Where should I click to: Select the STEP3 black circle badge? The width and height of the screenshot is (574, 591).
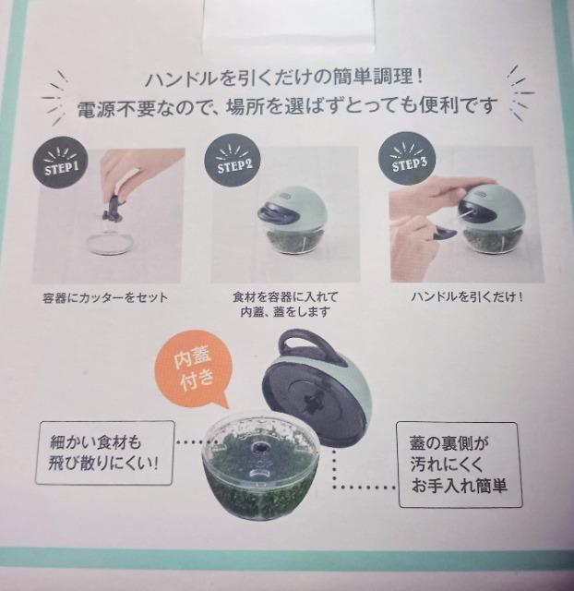point(407,158)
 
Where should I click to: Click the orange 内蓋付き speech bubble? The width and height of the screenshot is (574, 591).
point(192,368)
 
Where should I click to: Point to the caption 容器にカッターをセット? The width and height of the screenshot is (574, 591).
point(105,298)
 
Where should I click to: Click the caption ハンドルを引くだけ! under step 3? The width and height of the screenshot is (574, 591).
point(467,296)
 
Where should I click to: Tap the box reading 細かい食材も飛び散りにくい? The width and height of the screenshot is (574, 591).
point(104,452)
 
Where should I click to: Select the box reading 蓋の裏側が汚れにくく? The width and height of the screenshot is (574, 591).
point(460,464)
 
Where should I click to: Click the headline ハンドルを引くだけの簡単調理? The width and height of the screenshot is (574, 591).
point(284,78)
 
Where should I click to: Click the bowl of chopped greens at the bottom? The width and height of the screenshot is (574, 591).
point(260,467)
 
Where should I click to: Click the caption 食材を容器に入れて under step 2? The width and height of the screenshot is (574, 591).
point(285,297)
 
